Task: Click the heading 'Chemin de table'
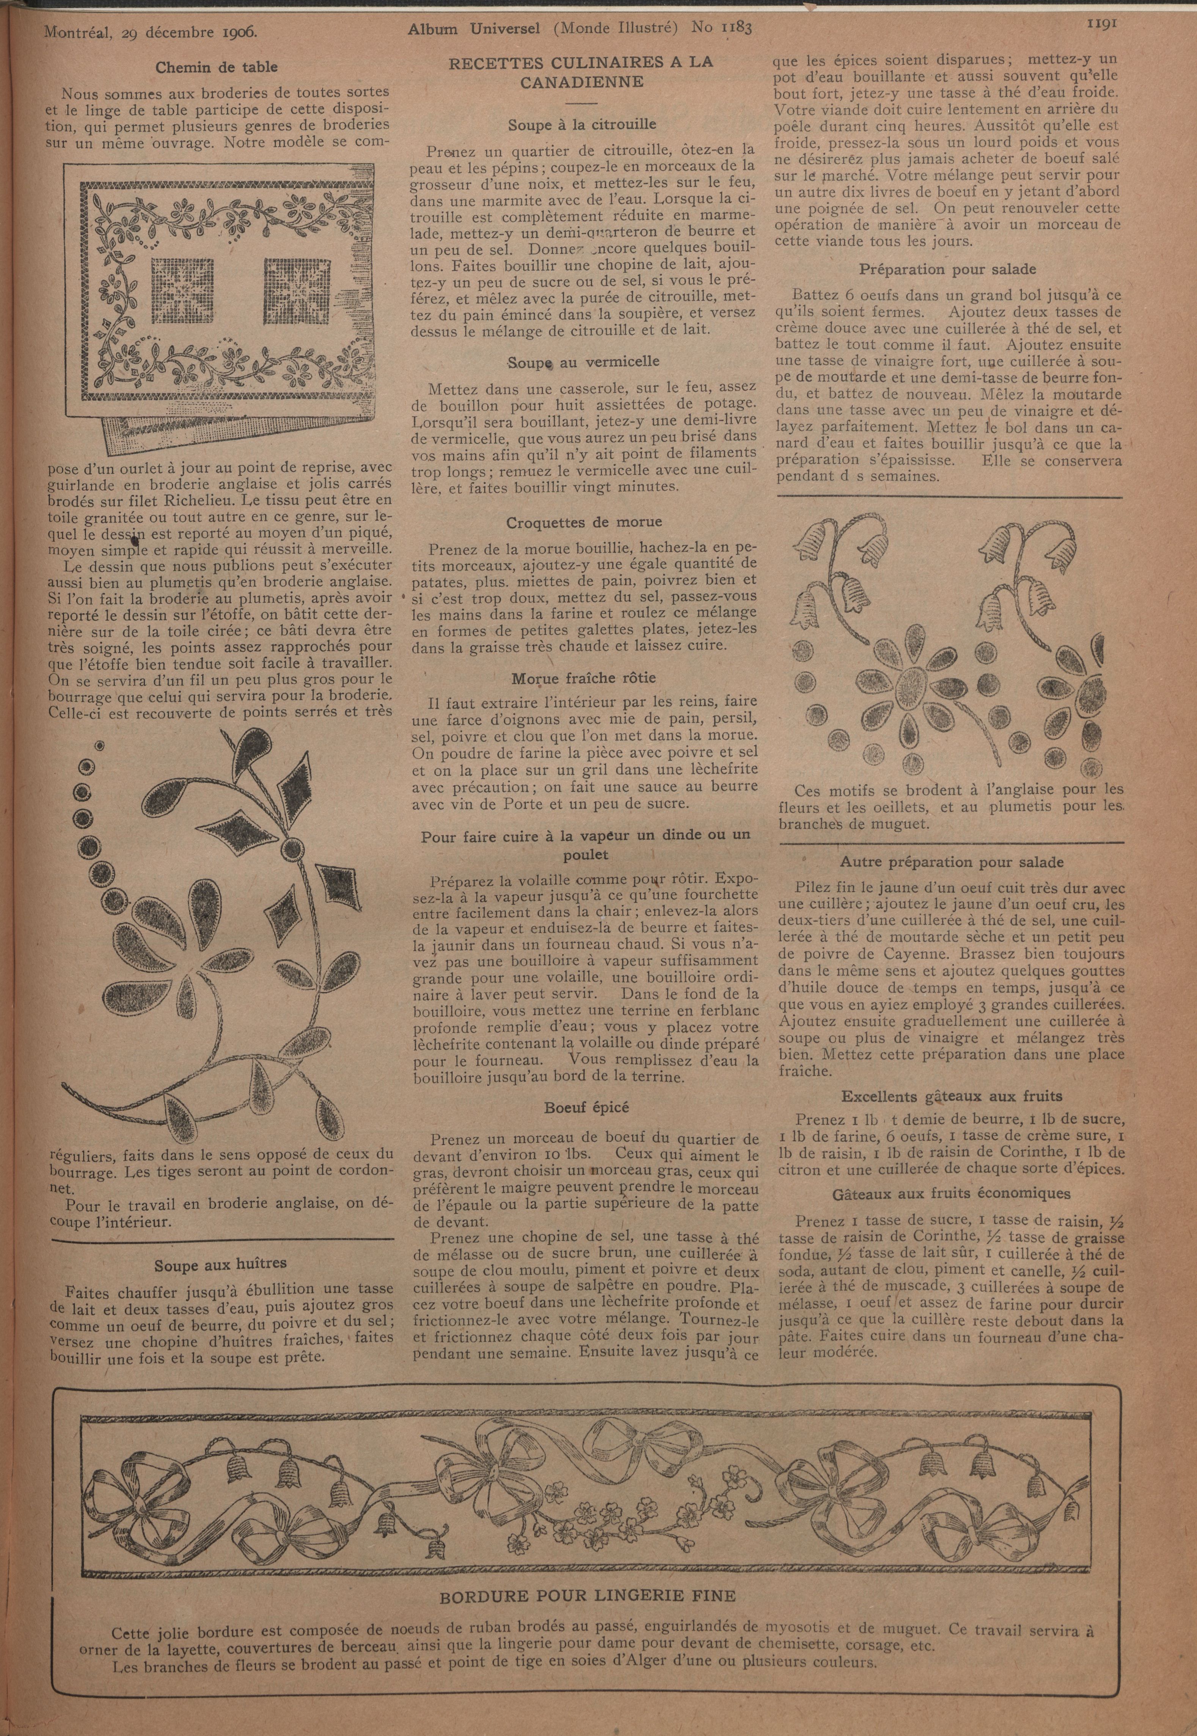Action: coord(216,67)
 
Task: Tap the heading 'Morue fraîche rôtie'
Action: coord(583,678)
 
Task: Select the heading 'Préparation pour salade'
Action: coord(947,268)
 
